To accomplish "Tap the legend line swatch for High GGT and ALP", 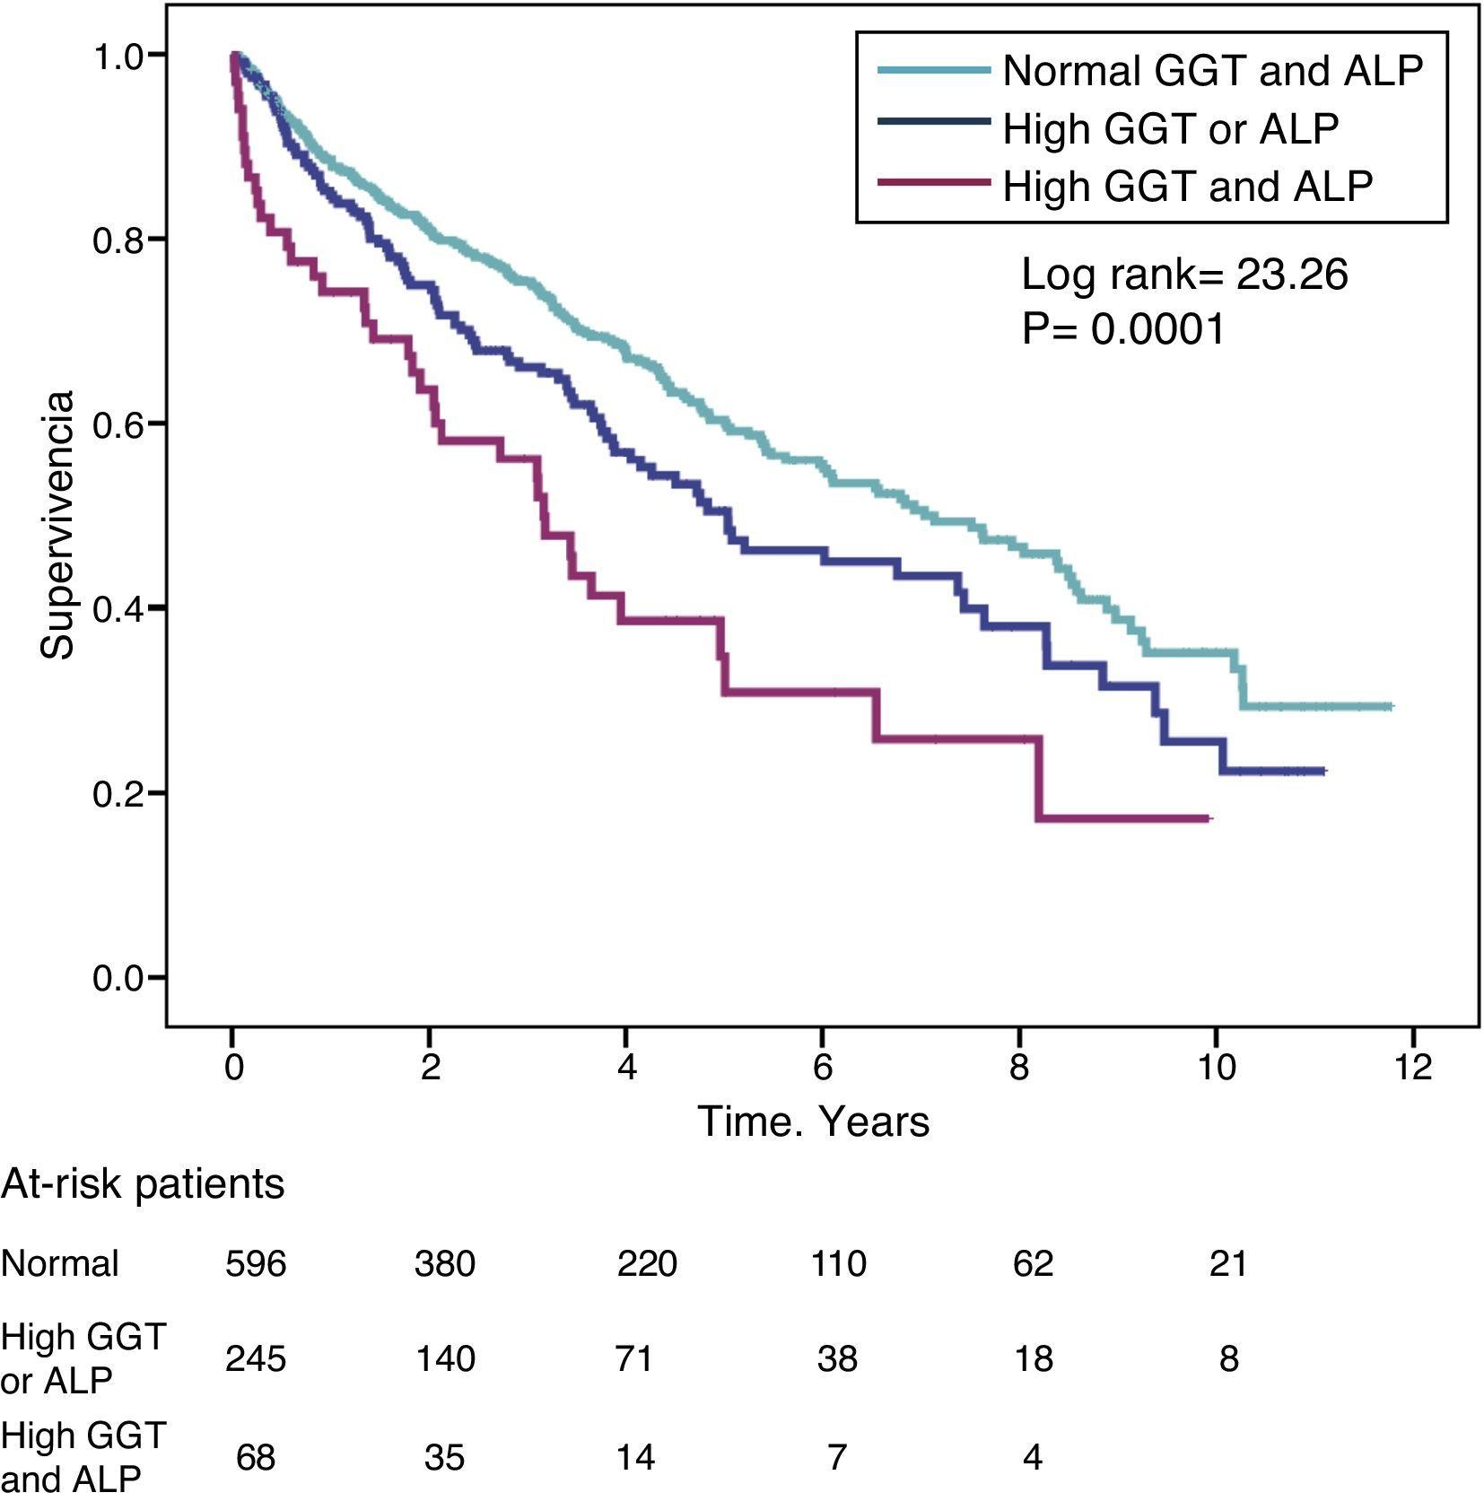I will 933,183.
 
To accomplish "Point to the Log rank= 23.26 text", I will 1183,274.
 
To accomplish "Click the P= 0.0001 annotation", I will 1122,329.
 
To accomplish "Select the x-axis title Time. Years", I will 813,1122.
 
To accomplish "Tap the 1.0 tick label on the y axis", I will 117,56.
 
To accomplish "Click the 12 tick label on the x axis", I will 1412,1068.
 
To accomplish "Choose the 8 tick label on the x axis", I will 1019,1068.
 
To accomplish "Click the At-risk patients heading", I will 143,1184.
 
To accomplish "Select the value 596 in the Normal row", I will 256,1263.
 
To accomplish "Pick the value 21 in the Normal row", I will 1228,1263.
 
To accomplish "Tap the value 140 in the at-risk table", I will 445,1358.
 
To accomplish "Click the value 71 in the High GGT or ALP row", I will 634,1358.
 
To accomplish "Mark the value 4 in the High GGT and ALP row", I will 1033,1456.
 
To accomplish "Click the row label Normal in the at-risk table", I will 59,1263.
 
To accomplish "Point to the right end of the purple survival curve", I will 1209,818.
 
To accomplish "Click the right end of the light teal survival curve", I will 1391,707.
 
